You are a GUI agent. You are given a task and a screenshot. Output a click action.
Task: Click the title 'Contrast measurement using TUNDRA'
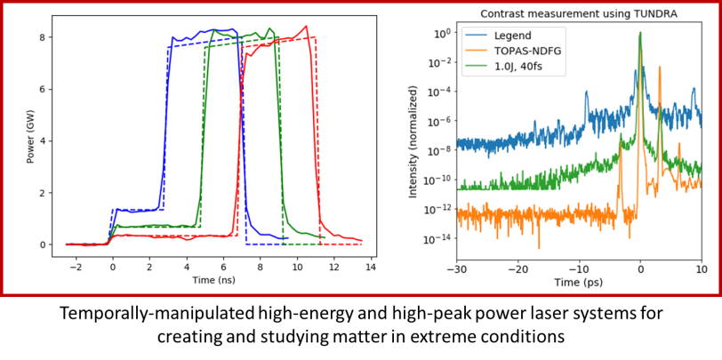579,14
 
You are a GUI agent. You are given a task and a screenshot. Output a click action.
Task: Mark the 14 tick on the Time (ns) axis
370,267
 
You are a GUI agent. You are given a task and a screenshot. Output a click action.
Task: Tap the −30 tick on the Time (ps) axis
456,267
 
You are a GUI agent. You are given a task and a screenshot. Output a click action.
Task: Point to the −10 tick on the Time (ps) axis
579,267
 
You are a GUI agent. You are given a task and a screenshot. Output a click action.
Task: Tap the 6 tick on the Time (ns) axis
223,267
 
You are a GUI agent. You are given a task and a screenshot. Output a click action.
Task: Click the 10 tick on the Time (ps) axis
702,267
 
